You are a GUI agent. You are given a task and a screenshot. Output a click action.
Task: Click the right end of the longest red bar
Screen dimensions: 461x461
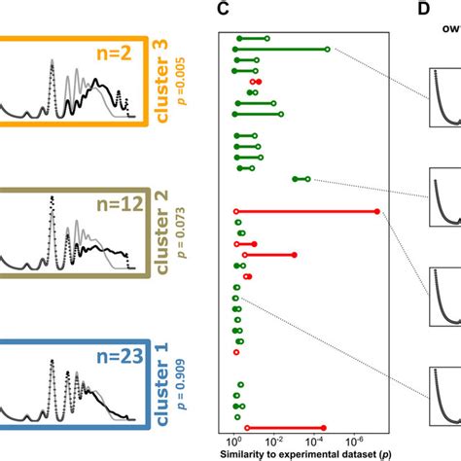[378, 211]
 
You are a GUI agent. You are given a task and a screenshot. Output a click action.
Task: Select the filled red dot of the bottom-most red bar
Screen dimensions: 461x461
[247, 427]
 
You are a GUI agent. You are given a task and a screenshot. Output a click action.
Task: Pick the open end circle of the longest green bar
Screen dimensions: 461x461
[327, 49]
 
